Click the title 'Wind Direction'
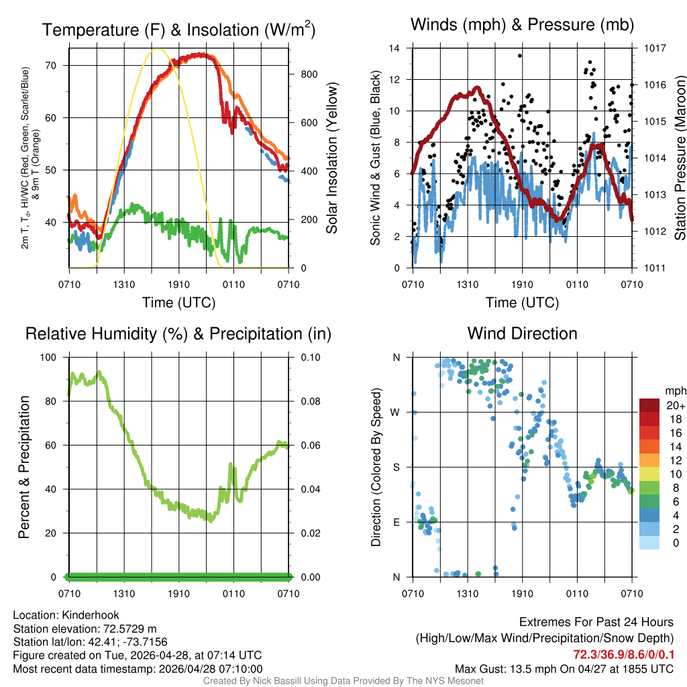pyautogui.click(x=522, y=333)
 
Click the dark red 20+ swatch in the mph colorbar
pyautogui.click(x=651, y=406)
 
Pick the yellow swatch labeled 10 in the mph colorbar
pyautogui.click(x=651, y=474)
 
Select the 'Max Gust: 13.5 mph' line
pyautogui.click(x=564, y=668)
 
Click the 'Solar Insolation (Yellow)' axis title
pyautogui.click(x=332, y=158)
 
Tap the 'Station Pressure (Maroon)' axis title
pyautogui.click(x=679, y=158)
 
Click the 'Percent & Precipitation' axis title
pyautogui.click(x=24, y=467)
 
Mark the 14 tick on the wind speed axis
pyautogui.click(x=395, y=48)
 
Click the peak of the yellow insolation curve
pyautogui.click(x=157, y=48)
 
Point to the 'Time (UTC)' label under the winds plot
pyautogui.click(x=522, y=303)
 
